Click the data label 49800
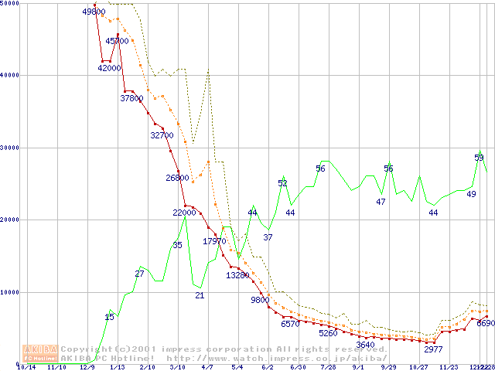[x=93, y=12]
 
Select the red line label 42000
[x=109, y=68]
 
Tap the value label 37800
[x=131, y=98]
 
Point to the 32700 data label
[x=162, y=135]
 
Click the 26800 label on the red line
[x=177, y=178]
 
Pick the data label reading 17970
[x=214, y=241]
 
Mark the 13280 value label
[x=237, y=275]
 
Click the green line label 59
[x=479, y=158]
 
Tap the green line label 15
[x=109, y=317]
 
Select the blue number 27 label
[x=139, y=274]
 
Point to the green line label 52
[x=282, y=183]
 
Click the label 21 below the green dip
[x=199, y=295]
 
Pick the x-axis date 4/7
[x=207, y=368]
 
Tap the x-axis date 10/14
[x=26, y=368]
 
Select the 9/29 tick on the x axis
[x=388, y=368]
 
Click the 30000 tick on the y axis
[x=10, y=147]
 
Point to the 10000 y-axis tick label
[x=10, y=291]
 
